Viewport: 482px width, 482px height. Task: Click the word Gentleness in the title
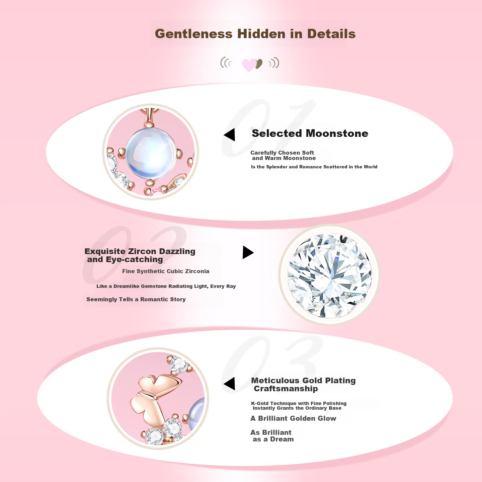tap(193, 34)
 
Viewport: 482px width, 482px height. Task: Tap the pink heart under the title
tap(249, 65)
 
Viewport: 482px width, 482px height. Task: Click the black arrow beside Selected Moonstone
tap(230, 135)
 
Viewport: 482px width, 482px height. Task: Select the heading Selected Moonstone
tap(310, 133)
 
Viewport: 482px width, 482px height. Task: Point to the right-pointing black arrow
tap(248, 252)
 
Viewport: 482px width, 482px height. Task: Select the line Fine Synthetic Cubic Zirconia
tap(166, 271)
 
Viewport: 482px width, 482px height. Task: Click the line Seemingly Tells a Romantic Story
tap(136, 299)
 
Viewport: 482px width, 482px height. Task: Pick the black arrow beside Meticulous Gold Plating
tap(229, 384)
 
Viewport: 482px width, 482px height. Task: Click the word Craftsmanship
tap(286, 389)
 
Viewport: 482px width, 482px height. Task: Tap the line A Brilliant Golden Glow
tap(294, 418)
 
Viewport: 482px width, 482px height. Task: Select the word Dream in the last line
tap(282, 439)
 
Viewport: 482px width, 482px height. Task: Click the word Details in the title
tap(331, 34)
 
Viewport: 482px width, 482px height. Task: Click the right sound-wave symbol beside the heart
tap(274, 63)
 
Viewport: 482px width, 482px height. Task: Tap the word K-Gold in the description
tap(260, 403)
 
